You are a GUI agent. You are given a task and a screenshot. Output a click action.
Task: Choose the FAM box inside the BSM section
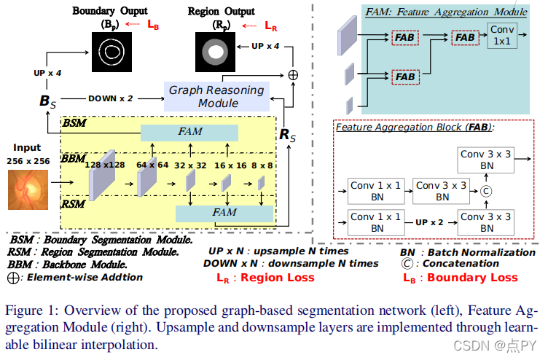click(189, 133)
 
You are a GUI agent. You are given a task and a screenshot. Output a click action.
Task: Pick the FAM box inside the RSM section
click(225, 213)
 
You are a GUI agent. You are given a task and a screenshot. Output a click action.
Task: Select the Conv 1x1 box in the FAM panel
click(503, 36)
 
